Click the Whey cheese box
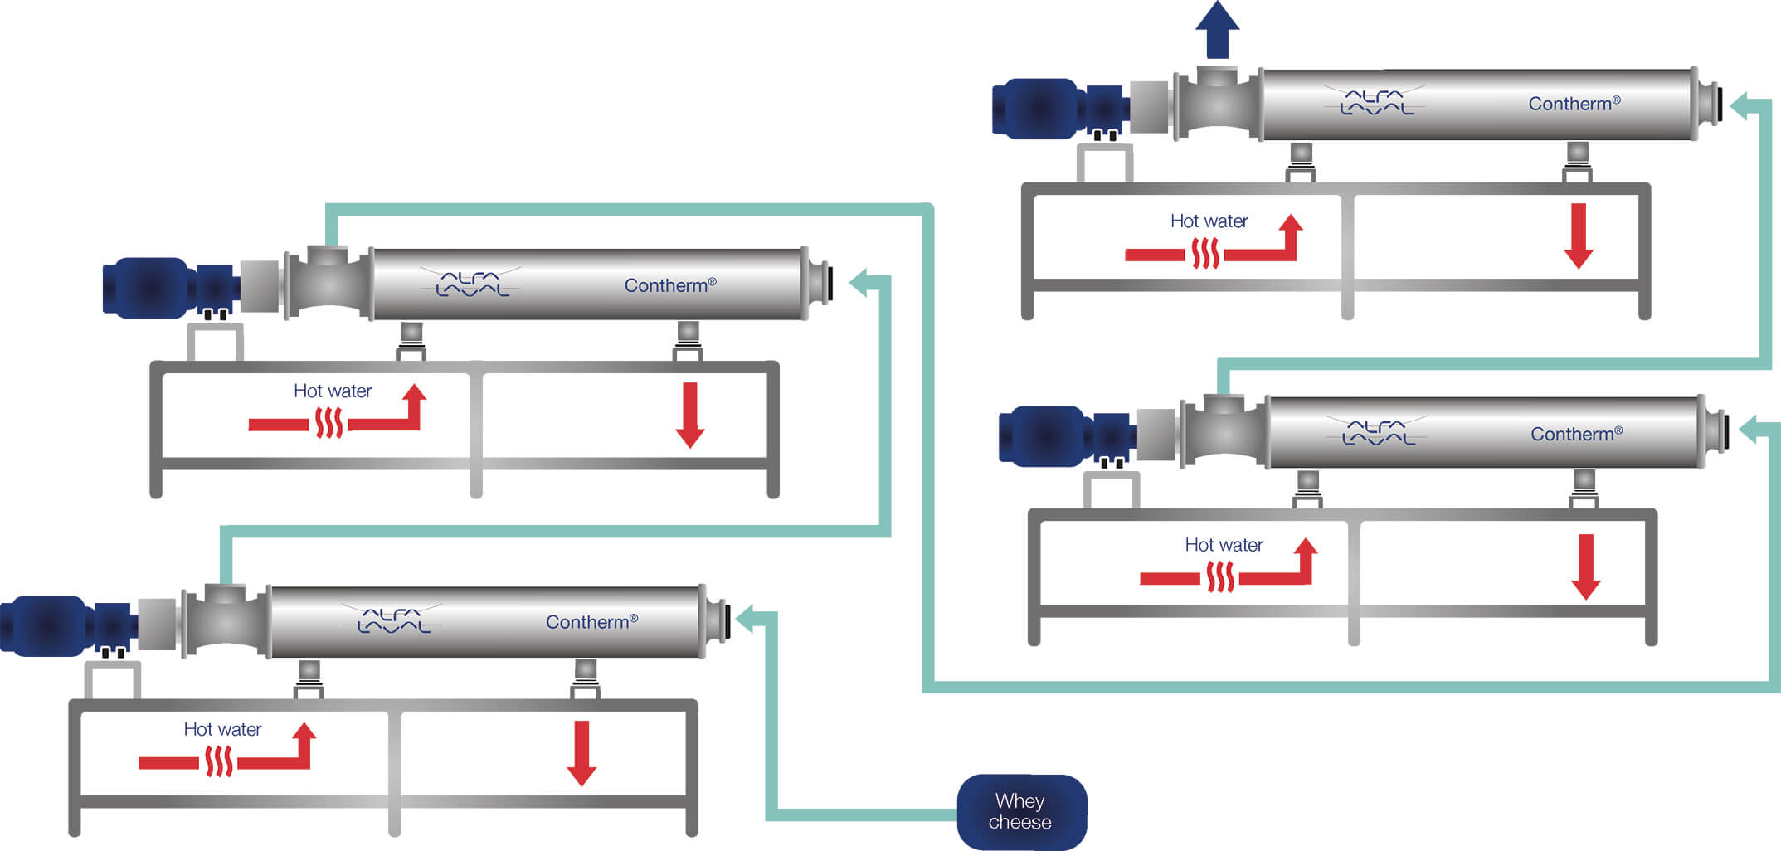click(x=1021, y=811)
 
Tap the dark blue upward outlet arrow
click(x=1217, y=28)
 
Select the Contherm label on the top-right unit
click(x=1573, y=104)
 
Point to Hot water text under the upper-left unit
click(x=333, y=391)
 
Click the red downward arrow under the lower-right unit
click(x=1585, y=567)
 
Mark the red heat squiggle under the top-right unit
click(x=1204, y=254)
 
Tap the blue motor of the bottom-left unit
click(x=46, y=625)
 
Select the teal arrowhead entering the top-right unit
click(x=1740, y=106)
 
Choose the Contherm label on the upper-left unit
click(x=669, y=285)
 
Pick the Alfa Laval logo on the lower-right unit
click(x=1378, y=432)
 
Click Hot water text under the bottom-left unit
click(x=222, y=729)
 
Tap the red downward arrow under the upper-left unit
click(x=689, y=415)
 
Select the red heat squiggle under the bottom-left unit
click(x=218, y=761)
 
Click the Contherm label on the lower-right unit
click(x=1575, y=434)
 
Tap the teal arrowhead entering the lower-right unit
click(x=1748, y=430)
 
